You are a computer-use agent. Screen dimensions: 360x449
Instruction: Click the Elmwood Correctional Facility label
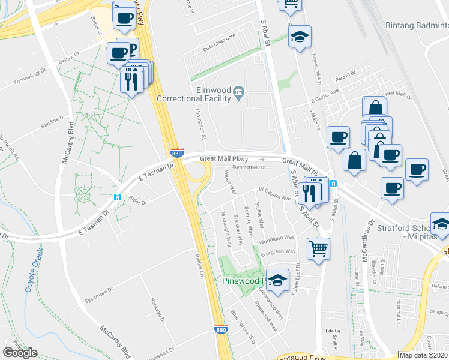[x=193, y=94]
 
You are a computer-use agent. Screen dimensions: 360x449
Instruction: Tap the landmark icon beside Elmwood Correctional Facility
[x=239, y=91]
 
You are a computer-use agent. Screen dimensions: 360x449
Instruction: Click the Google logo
[x=20, y=353]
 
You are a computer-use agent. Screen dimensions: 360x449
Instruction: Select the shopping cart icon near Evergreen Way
[x=318, y=248]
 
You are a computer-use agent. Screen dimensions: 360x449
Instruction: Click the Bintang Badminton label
[x=416, y=27]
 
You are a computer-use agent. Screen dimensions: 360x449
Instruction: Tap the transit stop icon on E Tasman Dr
[x=118, y=196]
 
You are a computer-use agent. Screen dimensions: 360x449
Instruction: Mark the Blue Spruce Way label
[x=243, y=326]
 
